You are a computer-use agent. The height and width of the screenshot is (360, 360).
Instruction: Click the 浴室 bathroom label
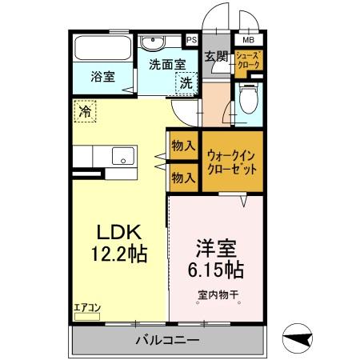pos(102,77)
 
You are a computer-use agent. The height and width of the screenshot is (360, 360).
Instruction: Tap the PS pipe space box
pos(192,38)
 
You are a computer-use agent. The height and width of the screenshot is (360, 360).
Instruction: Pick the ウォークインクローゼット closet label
pos(231,163)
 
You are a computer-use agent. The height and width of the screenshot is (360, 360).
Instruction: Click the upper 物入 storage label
pos(184,146)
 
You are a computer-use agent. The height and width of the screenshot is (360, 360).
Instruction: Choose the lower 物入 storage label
pos(184,177)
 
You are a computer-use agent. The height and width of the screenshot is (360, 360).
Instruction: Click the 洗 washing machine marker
pos(186,82)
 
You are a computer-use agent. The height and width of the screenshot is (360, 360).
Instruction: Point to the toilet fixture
pos(248,103)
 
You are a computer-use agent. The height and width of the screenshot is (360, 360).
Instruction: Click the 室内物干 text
pos(218,294)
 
